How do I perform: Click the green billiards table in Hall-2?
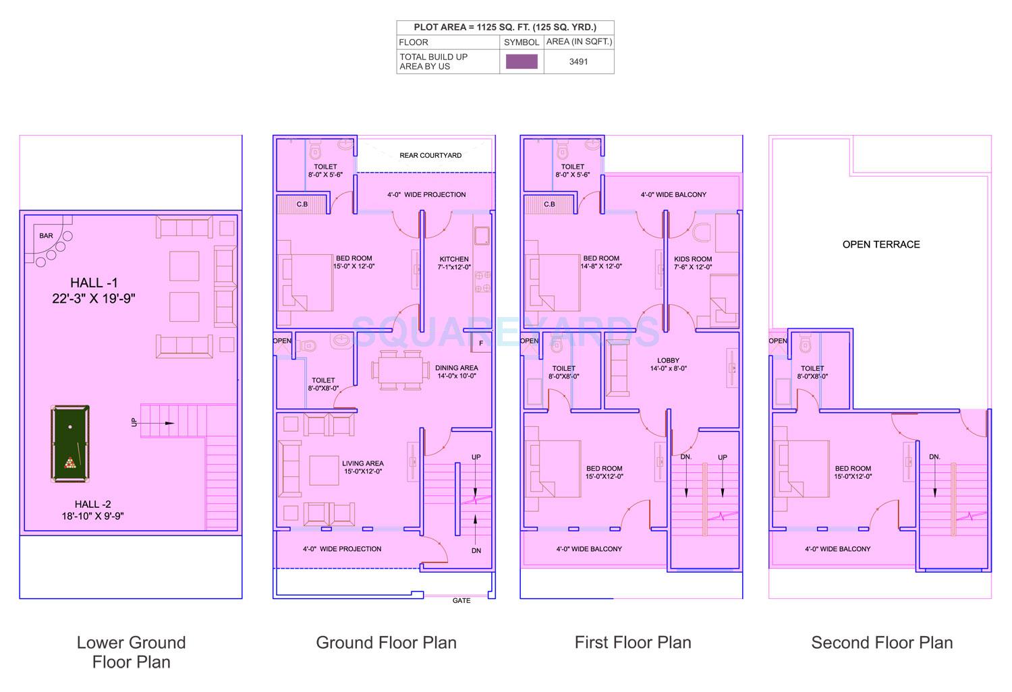pos(70,443)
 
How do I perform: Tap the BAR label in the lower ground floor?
pos(46,236)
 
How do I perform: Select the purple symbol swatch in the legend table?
pos(522,61)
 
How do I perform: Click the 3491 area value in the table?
pos(578,61)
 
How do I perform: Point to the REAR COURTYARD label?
pos(430,156)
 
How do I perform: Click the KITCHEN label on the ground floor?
pos(454,259)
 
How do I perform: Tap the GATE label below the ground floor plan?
pos(461,600)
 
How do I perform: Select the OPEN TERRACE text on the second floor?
pos(881,245)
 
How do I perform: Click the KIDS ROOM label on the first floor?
pos(693,259)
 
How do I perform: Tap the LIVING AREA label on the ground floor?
pos(362,463)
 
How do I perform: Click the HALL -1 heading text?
pos(94,283)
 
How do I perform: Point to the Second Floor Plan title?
pos(882,643)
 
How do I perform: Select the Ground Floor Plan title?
pos(386,643)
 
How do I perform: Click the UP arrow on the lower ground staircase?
pos(158,424)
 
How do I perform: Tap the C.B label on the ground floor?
pos(302,204)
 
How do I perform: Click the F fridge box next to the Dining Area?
pos(481,343)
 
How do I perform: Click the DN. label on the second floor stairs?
pos(934,457)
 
